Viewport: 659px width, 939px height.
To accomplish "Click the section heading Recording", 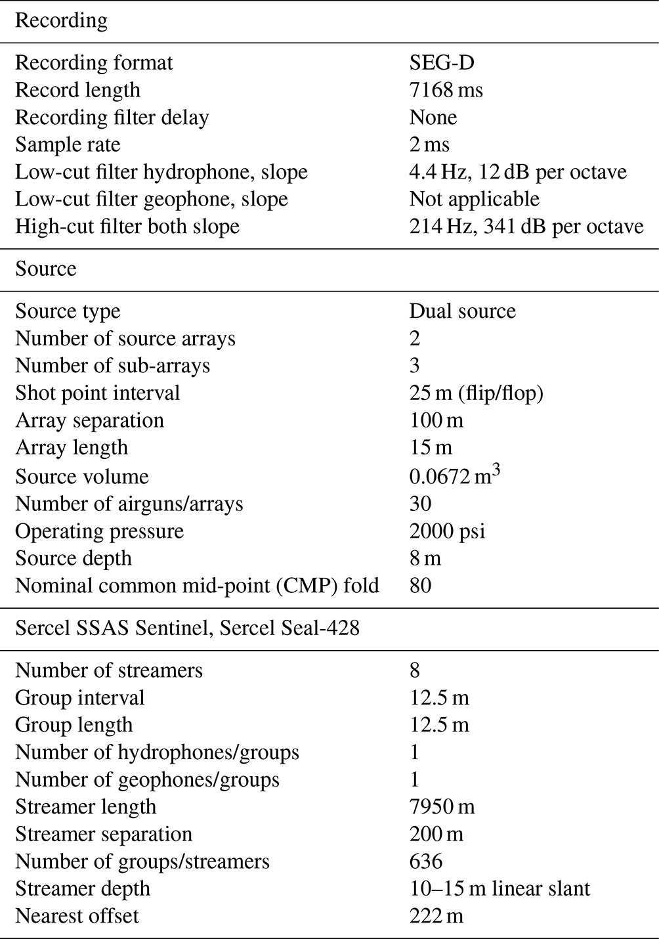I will tap(61, 21).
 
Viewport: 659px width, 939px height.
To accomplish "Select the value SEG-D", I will tap(442, 63).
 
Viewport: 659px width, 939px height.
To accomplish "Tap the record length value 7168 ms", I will tap(446, 90).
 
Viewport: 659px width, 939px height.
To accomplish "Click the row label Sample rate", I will tap(68, 144).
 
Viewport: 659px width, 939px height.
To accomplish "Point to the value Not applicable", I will tap(474, 199).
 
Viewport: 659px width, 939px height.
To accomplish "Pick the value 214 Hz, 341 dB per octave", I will tap(526, 227).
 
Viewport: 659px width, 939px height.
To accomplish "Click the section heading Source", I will tap(45, 269).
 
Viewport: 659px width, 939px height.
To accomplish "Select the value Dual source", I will tap(462, 311).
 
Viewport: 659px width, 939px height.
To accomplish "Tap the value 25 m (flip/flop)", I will tap(476, 393).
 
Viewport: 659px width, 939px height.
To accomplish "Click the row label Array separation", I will tap(89, 420).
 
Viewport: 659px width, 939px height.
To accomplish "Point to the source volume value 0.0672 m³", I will tap(454, 475).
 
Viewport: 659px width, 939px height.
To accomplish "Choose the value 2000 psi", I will tap(447, 531).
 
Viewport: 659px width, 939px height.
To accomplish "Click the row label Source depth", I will tap(74, 558).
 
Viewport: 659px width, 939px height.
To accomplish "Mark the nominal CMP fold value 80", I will tap(420, 585).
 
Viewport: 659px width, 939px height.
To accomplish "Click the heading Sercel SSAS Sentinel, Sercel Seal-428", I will tap(187, 628).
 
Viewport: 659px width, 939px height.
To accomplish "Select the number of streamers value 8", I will tap(414, 670).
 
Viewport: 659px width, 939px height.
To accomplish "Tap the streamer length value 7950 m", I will tap(442, 807).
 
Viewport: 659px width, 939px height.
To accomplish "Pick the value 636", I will tap(426, 862).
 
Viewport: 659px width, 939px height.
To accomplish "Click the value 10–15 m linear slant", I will tap(500, 889).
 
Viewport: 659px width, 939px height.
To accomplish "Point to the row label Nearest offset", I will tap(77, 916).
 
